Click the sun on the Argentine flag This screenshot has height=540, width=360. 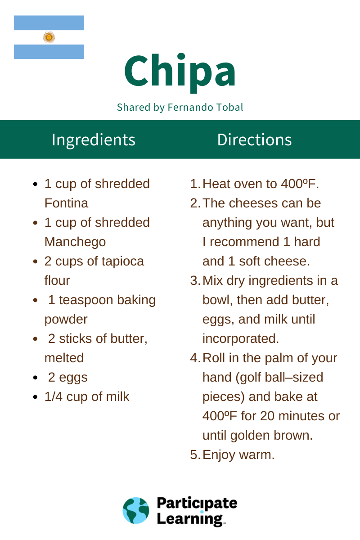[x=49, y=37]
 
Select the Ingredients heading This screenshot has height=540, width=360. [x=94, y=139]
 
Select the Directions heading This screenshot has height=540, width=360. [x=254, y=139]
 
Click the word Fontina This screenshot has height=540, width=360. [x=66, y=203]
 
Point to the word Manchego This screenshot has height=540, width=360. [x=75, y=242]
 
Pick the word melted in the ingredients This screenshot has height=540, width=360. [x=64, y=358]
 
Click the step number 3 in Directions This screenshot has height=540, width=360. [x=194, y=281]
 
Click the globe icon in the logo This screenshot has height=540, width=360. [x=136, y=511]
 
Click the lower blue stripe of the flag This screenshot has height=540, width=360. [x=49, y=52]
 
